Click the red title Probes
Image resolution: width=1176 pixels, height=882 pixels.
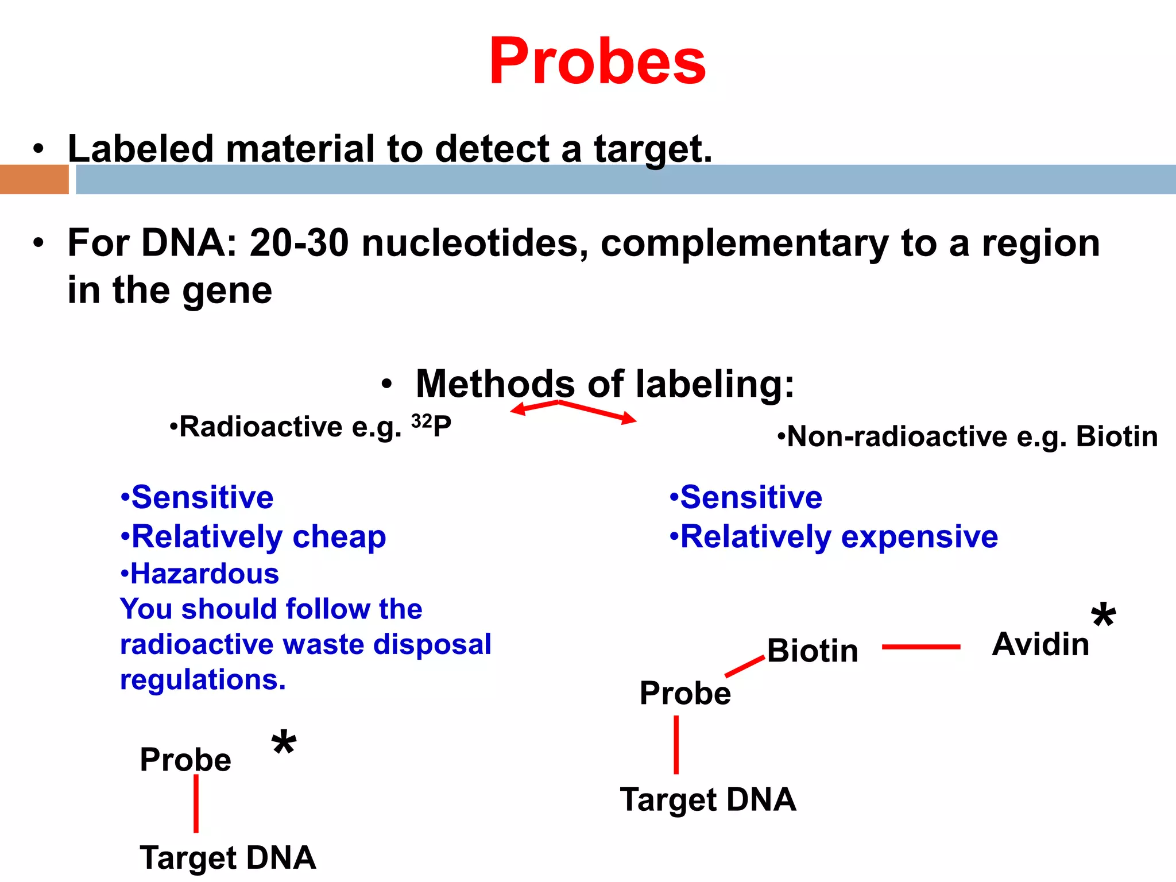597,62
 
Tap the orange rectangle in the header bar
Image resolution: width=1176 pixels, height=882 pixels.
34,179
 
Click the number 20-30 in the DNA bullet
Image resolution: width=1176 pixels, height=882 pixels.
299,243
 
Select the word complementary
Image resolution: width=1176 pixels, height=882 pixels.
744,244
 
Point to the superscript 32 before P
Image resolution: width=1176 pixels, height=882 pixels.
421,421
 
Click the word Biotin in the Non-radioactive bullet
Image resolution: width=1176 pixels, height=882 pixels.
1116,436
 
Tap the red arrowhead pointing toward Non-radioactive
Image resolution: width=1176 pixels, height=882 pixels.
629,419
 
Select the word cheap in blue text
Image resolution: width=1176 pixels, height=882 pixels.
339,537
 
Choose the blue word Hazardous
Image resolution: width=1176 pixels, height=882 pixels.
204,574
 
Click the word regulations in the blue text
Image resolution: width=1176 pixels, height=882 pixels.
201,680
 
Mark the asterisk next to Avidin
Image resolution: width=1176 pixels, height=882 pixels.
1102,617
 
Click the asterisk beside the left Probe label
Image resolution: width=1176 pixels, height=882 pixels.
284,744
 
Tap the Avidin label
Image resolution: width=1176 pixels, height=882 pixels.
1040,644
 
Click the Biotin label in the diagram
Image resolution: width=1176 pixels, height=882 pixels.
812,651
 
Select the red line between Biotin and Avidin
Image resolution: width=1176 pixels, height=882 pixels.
920,647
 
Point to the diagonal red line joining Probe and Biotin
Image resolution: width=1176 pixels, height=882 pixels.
745,666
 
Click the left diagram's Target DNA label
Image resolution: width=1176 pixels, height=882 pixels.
227,858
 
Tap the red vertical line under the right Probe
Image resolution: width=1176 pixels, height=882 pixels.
676,745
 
